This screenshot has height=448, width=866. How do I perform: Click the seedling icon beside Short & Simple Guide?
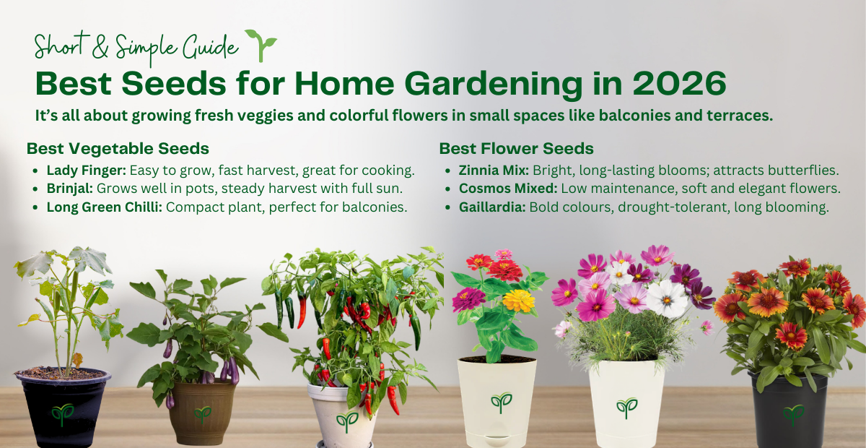click(x=261, y=45)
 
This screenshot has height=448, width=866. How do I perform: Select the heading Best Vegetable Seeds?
click(x=118, y=149)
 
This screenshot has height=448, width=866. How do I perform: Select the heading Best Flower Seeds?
click(x=516, y=149)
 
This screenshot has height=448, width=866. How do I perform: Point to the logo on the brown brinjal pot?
click(x=202, y=413)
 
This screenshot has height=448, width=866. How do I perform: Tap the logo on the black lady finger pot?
click(x=62, y=413)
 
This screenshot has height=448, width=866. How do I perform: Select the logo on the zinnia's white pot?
click(x=501, y=402)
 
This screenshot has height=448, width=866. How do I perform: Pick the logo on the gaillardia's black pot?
click(x=793, y=414)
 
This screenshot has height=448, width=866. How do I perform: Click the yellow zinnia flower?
click(x=519, y=300)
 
